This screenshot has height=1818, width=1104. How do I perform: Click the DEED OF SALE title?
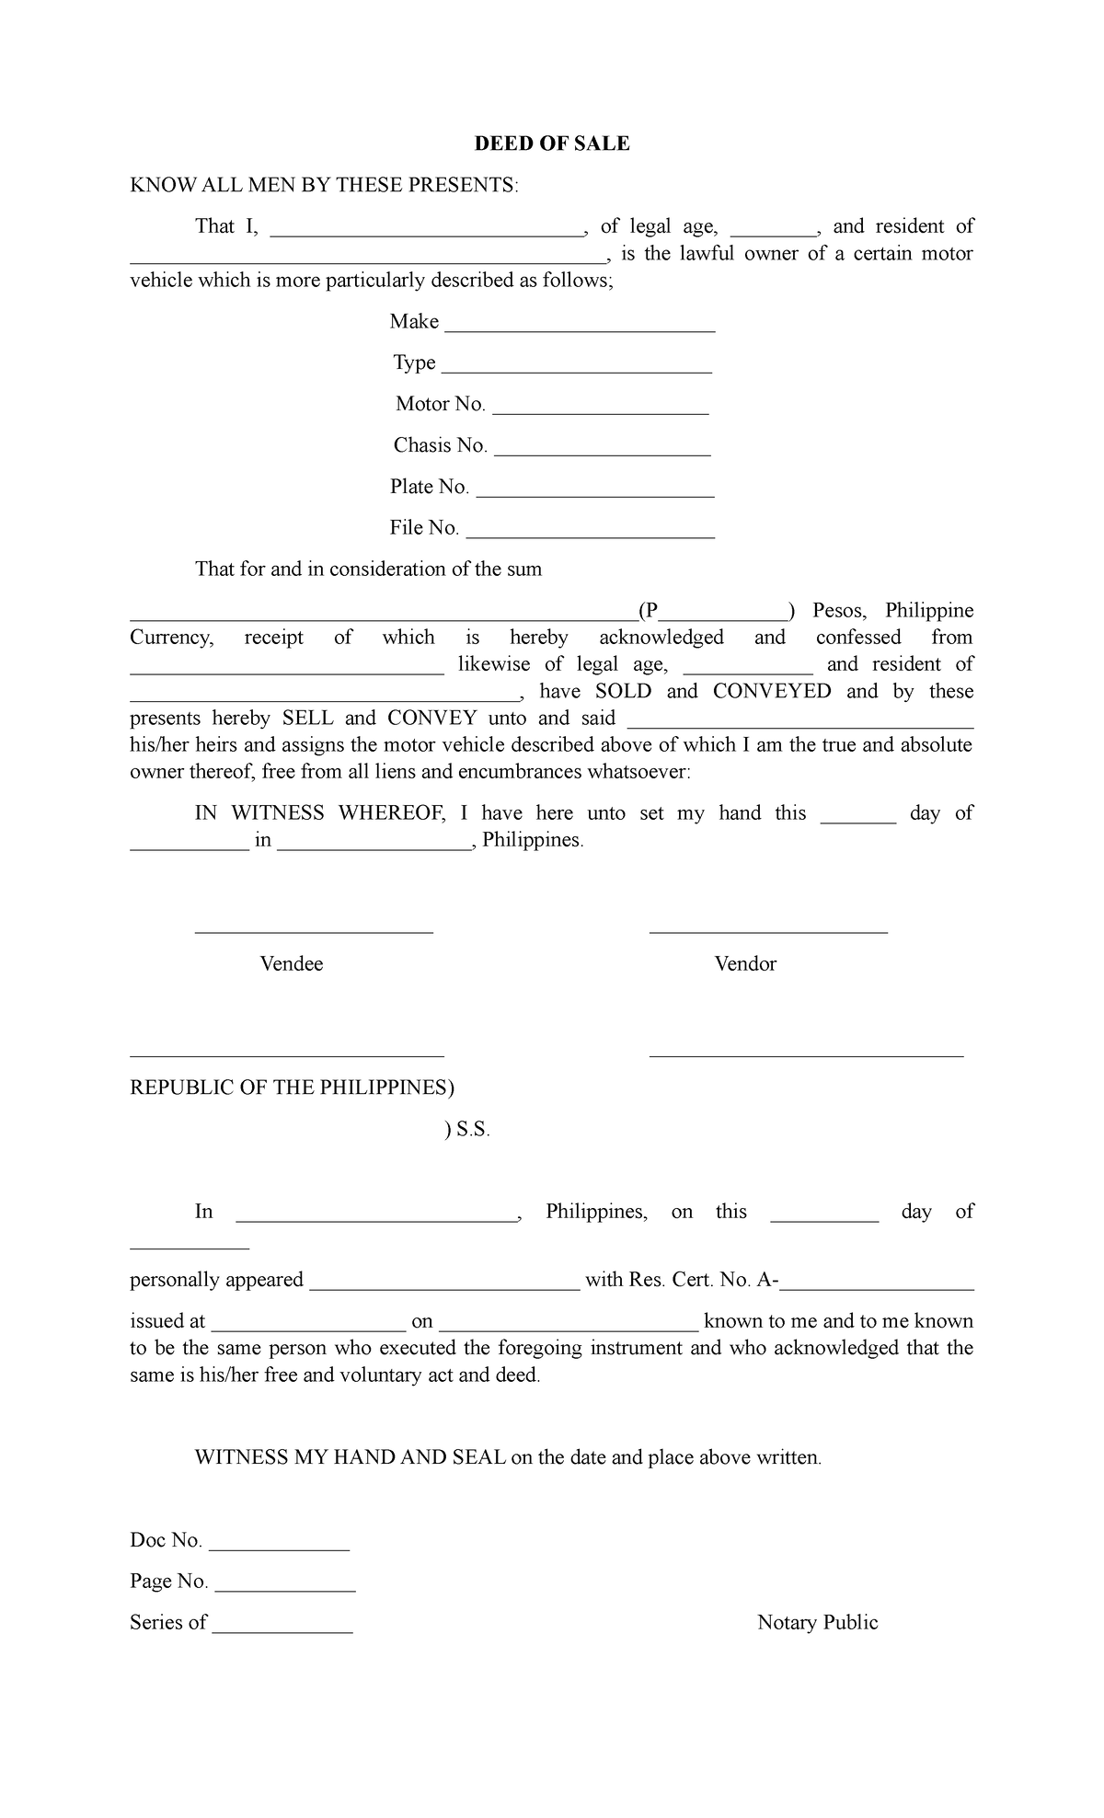click(551, 144)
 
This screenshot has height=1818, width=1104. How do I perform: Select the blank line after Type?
click(577, 369)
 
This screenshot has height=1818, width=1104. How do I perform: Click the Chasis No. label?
click(440, 445)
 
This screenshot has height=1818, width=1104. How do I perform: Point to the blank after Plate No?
click(595, 493)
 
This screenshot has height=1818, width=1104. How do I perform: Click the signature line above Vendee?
click(314, 932)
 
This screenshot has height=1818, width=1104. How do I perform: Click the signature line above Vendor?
click(768, 932)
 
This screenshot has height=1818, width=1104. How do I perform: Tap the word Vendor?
click(745, 964)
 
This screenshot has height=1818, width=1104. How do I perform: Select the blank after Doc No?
click(280, 1547)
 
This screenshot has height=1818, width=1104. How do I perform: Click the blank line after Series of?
click(282, 1629)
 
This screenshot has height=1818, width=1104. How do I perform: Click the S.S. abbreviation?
click(473, 1131)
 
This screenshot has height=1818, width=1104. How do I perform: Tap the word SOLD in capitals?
click(623, 692)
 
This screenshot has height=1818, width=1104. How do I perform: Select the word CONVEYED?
click(772, 692)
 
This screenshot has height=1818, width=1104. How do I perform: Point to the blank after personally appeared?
click(444, 1287)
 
